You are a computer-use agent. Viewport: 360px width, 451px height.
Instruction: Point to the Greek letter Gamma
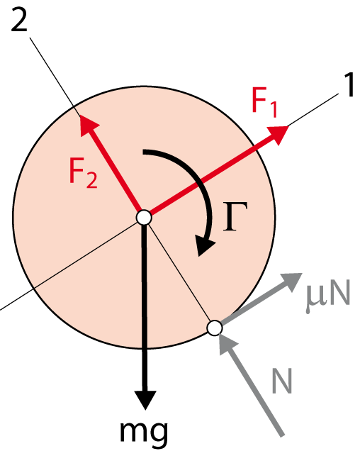coord(235,216)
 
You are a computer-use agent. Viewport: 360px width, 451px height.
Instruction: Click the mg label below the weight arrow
coord(143,432)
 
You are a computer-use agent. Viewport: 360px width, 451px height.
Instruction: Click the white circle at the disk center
coord(144,218)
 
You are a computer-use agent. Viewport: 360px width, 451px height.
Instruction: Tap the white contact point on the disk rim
coord(215,328)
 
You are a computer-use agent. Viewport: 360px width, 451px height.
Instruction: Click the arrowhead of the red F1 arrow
coord(277,134)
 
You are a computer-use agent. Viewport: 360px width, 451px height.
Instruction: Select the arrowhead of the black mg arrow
coord(145,399)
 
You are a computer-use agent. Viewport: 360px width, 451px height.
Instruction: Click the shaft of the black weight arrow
coord(145,308)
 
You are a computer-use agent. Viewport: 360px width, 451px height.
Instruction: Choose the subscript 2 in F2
coord(92,181)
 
